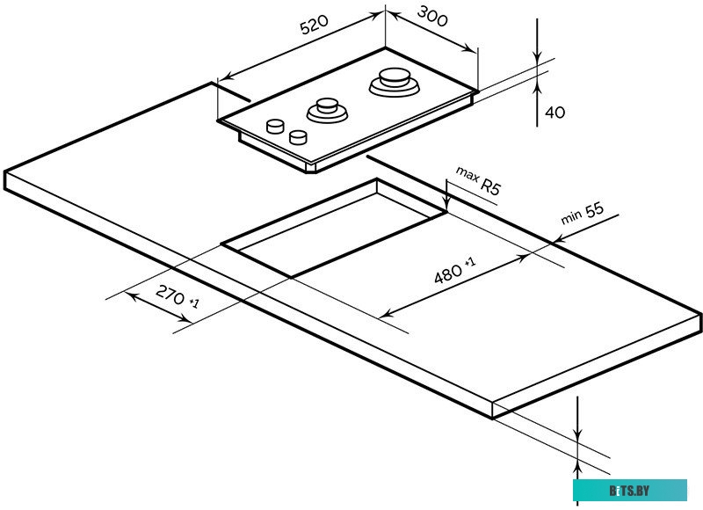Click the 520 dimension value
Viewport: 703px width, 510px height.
click(314, 27)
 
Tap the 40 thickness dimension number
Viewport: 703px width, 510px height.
click(554, 112)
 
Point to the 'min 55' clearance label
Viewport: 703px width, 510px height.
click(583, 216)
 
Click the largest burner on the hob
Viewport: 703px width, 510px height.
click(394, 82)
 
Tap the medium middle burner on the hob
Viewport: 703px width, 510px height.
click(328, 109)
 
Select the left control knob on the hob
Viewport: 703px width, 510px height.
click(276, 125)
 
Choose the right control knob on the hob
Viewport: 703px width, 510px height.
click(299, 136)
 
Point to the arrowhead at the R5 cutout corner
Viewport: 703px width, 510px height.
click(447, 206)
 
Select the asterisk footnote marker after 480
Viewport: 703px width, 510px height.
click(470, 261)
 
